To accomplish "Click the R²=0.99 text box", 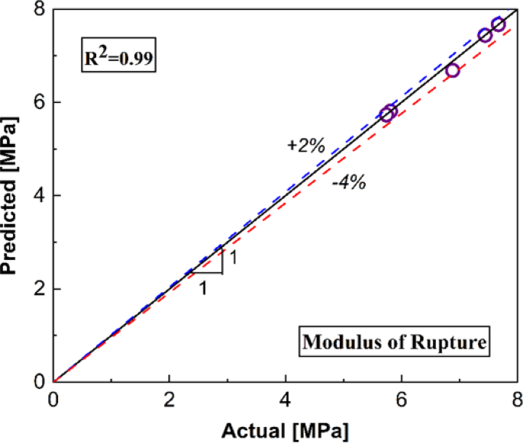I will (119, 58).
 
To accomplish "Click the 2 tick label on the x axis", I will (169, 396).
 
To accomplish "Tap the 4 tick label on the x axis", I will (286, 396).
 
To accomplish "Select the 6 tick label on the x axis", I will (402, 396).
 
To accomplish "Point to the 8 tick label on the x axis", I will (517, 396).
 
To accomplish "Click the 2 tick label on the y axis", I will (36, 289).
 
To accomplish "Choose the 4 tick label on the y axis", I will (36, 196).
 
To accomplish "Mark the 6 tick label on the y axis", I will (36, 103).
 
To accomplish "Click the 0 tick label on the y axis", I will (36, 381).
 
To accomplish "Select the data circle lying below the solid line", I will (452, 70).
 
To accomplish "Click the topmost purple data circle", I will (498, 24).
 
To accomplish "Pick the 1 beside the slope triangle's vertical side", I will (234, 258).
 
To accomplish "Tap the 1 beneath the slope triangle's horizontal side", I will (204, 289).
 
